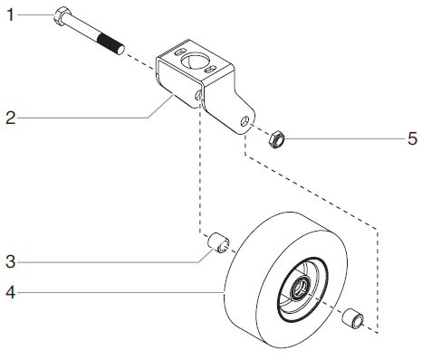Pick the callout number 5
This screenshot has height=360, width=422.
pos(412,139)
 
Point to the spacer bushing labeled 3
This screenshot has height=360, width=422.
pos(218,243)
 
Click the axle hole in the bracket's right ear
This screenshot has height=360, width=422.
pos(245,118)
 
